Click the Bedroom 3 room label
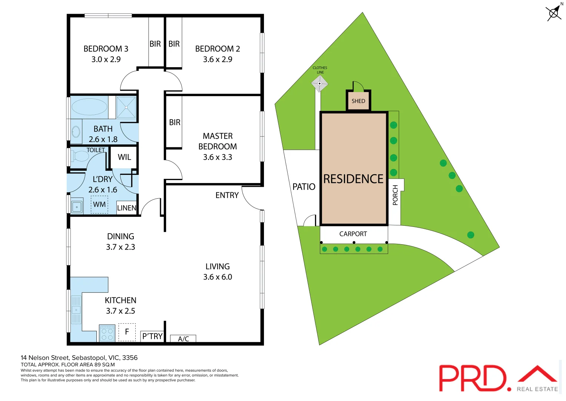[x=106, y=49]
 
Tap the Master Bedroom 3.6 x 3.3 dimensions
[x=218, y=157]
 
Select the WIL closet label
[x=124, y=157]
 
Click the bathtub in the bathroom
[x=89, y=107]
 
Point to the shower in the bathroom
[x=126, y=107]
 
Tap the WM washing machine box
[x=99, y=205]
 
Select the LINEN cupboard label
[x=127, y=208]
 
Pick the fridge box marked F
[x=127, y=332]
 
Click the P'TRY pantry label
[x=152, y=336]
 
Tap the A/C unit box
[x=183, y=339]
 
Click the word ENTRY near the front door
[x=227, y=195]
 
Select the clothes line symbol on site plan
[x=320, y=84]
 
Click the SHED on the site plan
[x=358, y=101]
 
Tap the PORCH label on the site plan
[x=395, y=195]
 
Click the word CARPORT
[x=353, y=234]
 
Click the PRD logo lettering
[x=473, y=378]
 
